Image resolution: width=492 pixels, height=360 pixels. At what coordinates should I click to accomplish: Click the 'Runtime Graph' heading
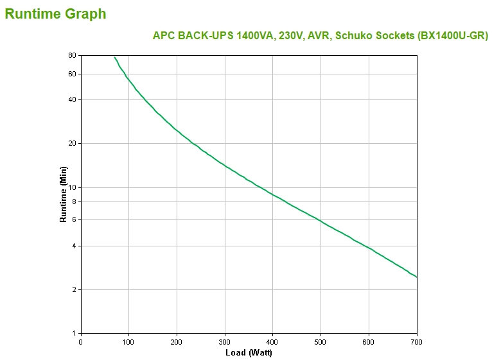coord(56,13)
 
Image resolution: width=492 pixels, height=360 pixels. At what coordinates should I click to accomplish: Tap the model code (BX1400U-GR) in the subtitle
coord(452,36)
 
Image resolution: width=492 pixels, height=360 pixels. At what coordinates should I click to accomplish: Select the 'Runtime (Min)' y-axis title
coord(63,194)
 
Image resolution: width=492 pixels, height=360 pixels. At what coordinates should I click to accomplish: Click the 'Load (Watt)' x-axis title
coord(249,353)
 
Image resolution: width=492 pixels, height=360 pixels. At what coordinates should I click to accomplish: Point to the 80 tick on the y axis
coord(72,56)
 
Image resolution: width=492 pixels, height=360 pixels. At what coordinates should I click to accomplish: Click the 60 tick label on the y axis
coord(72,74)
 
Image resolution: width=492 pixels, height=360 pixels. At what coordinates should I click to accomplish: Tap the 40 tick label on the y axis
coord(72,99)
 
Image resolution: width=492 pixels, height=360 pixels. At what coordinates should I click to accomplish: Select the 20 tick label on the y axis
coord(72,143)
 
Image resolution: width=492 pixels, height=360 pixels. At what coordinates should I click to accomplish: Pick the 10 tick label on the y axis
coord(72,187)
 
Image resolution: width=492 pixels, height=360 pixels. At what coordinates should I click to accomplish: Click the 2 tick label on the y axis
coord(74,289)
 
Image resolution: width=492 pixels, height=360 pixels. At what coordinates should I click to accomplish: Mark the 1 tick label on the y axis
coord(74,333)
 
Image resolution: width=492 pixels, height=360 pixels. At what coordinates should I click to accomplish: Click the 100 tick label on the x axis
coord(128,342)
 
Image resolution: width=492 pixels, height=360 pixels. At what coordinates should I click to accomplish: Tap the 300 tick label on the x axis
coord(225,342)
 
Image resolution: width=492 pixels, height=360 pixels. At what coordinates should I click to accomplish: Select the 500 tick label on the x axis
coord(321,342)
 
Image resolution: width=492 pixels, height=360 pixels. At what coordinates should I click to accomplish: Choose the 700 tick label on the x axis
coord(417,342)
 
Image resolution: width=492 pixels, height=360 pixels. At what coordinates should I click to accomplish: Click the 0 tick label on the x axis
coord(80,342)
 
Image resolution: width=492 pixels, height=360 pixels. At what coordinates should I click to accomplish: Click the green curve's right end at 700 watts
coord(417,277)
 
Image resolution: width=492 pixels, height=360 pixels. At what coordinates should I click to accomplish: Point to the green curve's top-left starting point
coord(114,57)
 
